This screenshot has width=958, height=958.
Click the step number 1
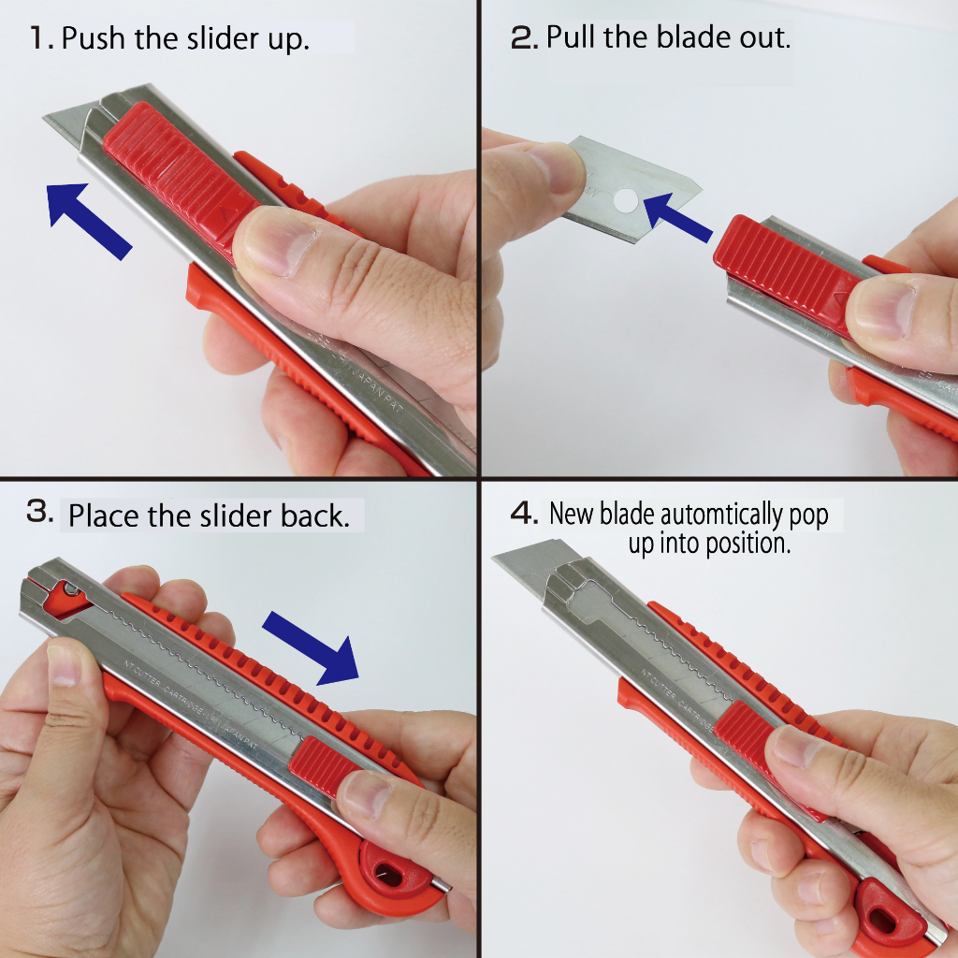tap(42, 38)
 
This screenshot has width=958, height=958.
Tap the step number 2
tap(524, 37)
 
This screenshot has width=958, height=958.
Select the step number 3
tap(40, 511)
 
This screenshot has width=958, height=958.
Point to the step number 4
tap(524, 513)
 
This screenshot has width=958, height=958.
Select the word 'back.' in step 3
tap(315, 515)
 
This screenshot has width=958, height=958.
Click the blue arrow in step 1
tap(89, 221)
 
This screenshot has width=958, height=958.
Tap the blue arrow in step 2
tap(677, 218)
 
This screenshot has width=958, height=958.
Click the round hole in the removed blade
tap(626, 200)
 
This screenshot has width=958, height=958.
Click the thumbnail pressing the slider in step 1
tap(278, 241)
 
